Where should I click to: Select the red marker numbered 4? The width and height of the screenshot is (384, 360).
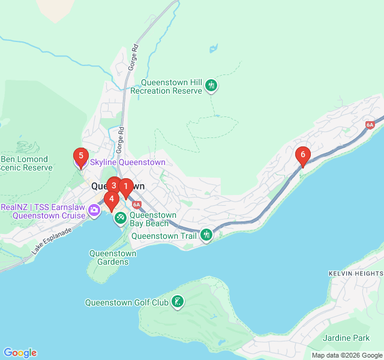(111, 199)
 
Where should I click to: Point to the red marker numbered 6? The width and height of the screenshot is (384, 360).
(303, 155)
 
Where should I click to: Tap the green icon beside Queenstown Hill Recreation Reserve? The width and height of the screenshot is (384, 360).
(211, 86)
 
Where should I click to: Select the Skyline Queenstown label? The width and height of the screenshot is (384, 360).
(127, 162)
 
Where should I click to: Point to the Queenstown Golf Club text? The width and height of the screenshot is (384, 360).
(127, 302)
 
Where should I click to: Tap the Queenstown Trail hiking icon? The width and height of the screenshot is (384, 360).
(207, 235)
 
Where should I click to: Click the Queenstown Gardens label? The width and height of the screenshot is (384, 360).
(113, 257)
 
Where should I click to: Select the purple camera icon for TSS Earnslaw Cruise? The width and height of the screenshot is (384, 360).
(94, 210)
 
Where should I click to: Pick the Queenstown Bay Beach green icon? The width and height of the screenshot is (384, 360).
(121, 217)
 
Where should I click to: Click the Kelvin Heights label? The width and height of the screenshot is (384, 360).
(355, 273)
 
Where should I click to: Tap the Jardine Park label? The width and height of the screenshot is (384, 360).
(346, 338)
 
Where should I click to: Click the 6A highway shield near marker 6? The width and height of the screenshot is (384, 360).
(370, 125)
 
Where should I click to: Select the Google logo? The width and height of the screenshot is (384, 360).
(20, 353)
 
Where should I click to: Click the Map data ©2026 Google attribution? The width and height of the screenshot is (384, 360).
(347, 355)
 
